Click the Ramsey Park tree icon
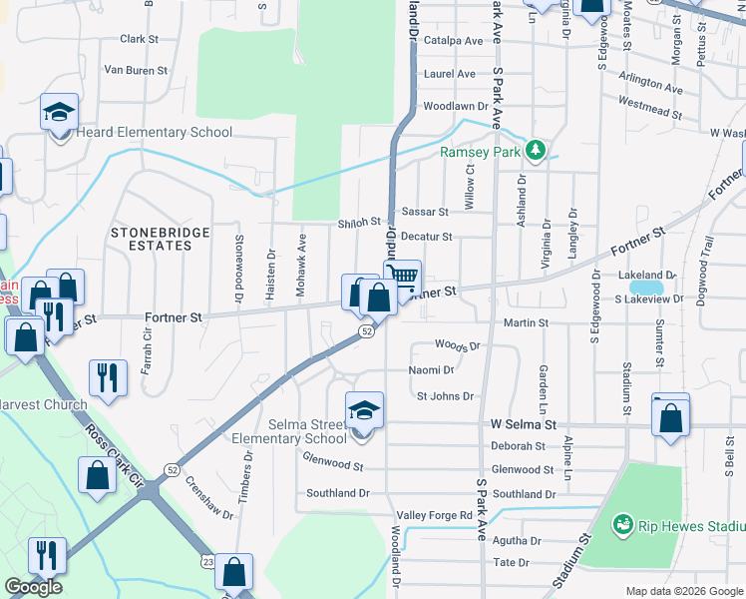point(537,151)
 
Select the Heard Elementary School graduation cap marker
point(59,113)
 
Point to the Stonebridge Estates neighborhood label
point(160,239)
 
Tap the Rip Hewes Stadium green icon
point(623,524)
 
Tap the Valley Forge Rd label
point(435,515)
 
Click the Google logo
point(33,587)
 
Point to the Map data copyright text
point(683,591)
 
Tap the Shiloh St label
point(359,223)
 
